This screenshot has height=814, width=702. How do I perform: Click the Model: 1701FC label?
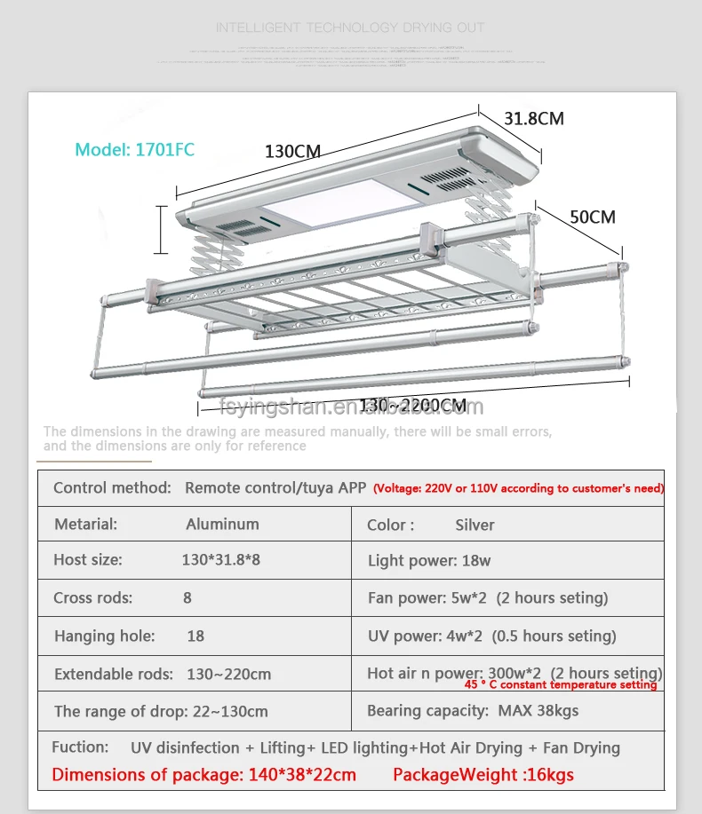click(x=134, y=149)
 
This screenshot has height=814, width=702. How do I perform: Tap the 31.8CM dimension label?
click(x=533, y=118)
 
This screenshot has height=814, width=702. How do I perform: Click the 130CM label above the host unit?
click(x=292, y=151)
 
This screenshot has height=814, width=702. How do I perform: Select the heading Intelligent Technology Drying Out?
click(x=350, y=28)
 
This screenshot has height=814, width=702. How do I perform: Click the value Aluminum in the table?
click(x=222, y=524)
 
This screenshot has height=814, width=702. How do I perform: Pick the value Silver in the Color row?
click(x=475, y=525)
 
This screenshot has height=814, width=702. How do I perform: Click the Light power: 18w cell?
click(x=429, y=560)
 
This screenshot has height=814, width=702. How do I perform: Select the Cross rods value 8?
click(x=187, y=597)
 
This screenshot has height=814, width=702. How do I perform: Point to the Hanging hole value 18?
click(x=196, y=636)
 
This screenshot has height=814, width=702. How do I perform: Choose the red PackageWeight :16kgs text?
click(x=483, y=775)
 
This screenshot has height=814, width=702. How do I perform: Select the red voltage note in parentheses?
click(x=518, y=488)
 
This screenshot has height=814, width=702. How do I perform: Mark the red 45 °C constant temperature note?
click(x=560, y=684)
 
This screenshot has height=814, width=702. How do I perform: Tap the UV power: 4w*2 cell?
click(x=491, y=636)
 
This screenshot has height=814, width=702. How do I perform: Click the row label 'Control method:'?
click(x=112, y=487)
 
